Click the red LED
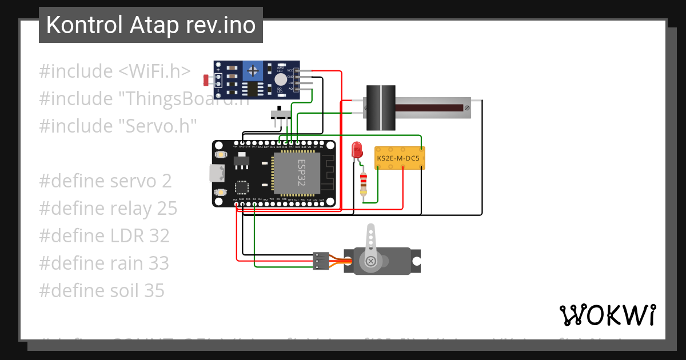click(357, 150)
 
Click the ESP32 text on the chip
click(301, 172)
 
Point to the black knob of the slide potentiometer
click(380, 107)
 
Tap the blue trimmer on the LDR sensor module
click(251, 71)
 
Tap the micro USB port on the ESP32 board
click(216, 173)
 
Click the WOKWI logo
click(607, 315)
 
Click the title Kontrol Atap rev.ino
click(151, 25)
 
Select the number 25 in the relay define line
click(167, 209)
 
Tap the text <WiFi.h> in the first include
click(155, 71)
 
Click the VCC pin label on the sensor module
click(290, 71)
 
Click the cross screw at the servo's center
click(371, 261)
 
